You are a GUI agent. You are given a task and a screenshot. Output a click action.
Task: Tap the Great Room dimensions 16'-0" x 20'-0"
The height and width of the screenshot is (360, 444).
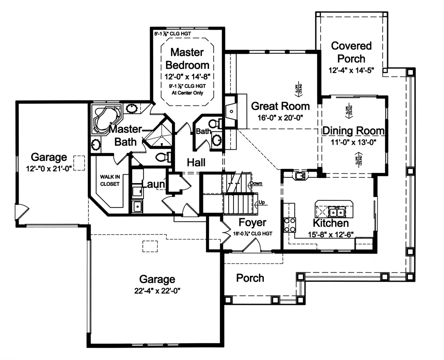(x=280, y=118)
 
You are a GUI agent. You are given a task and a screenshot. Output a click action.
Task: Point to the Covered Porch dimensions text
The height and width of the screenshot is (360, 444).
(x=351, y=70)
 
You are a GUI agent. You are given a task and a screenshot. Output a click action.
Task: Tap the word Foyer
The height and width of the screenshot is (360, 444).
(x=252, y=222)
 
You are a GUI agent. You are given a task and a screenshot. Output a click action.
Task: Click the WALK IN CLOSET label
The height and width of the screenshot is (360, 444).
(x=109, y=180)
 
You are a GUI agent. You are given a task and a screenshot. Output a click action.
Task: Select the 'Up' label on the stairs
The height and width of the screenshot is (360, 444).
(x=262, y=203)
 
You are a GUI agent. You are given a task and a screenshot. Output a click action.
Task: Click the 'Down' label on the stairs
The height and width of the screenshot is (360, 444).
(x=256, y=183)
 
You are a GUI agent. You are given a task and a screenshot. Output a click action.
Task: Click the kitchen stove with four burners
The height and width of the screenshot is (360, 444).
(x=289, y=225)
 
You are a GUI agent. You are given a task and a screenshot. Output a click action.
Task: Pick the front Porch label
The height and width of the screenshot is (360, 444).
(x=250, y=278)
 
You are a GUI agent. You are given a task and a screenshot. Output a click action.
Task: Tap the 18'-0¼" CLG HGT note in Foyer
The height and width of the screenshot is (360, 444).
(x=253, y=233)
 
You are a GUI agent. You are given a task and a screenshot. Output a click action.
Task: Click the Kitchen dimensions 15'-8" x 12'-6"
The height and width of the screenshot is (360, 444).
(x=330, y=234)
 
